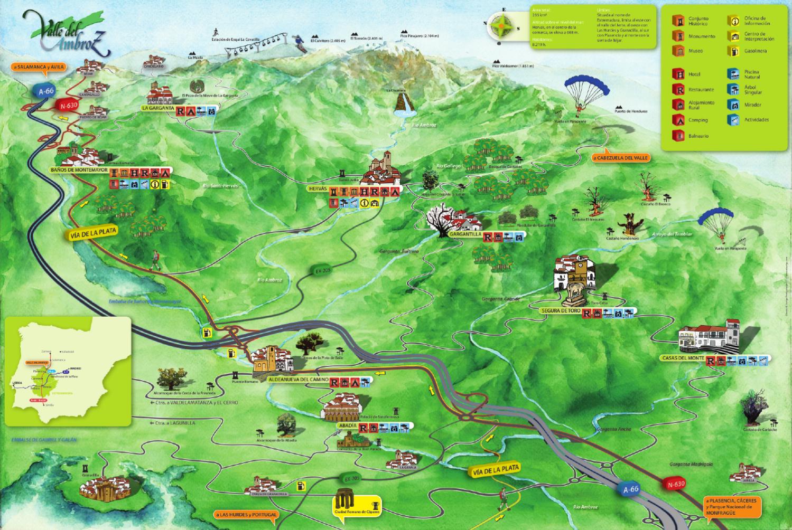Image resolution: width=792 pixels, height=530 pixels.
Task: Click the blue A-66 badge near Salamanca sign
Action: pyautogui.click(x=46, y=91)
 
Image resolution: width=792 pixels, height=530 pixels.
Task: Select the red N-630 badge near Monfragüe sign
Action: pyautogui.click(x=676, y=484)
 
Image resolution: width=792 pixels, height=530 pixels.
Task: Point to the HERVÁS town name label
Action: pyautogui.click(x=318, y=188)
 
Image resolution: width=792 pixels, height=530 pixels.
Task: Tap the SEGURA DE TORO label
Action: pyautogui.click(x=560, y=311)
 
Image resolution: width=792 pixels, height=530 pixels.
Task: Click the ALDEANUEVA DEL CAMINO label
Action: pyautogui.click(x=298, y=380)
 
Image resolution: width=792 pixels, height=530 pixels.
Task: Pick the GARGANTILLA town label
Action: pyautogui.click(x=463, y=233)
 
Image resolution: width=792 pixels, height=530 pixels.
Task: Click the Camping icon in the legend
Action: pyautogui.click(x=677, y=120)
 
